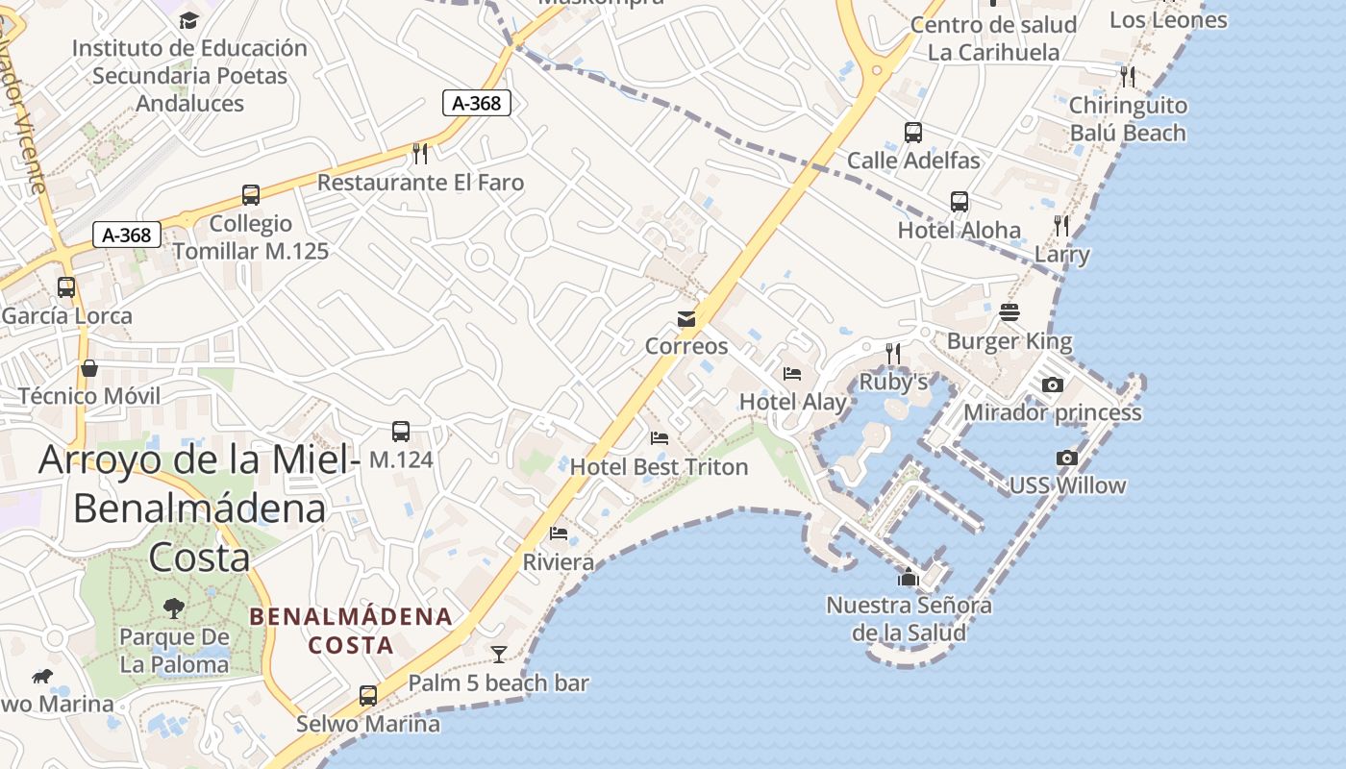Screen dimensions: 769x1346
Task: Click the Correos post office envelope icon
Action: (x=686, y=319)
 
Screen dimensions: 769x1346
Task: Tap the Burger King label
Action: (x=1009, y=341)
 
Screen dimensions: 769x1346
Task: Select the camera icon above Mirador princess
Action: (x=1053, y=384)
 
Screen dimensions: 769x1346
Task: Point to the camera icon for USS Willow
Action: (x=1066, y=458)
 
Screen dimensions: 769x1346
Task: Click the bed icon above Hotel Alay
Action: (x=792, y=374)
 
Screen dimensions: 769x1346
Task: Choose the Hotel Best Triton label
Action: (x=659, y=467)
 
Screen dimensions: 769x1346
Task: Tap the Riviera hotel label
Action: (x=558, y=562)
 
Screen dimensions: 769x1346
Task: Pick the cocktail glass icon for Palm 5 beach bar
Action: (x=498, y=655)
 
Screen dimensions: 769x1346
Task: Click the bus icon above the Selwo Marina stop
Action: (x=367, y=695)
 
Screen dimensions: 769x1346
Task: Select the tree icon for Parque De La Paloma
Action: (x=174, y=608)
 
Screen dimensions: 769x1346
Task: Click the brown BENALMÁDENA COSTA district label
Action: (x=351, y=631)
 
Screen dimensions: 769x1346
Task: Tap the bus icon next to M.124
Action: (x=401, y=432)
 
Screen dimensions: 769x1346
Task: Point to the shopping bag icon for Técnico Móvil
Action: (x=89, y=368)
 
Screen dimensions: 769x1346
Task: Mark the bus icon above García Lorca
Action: (x=66, y=286)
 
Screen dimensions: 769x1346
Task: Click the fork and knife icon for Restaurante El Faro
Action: (x=420, y=153)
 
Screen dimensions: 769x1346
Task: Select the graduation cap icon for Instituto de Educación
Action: (x=189, y=20)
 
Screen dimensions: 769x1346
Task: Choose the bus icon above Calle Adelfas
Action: (x=913, y=133)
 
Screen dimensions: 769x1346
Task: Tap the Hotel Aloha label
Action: (x=959, y=231)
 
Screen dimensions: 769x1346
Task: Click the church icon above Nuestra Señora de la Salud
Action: (x=909, y=577)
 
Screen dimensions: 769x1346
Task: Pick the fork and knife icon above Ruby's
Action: (x=893, y=354)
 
